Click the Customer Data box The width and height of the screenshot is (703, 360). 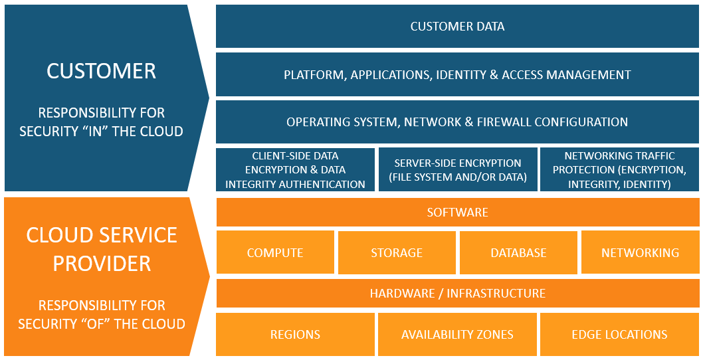[457, 27]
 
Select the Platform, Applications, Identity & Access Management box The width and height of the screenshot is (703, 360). [457, 74]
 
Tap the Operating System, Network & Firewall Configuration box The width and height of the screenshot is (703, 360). [457, 122]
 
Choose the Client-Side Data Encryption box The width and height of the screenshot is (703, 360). [295, 170]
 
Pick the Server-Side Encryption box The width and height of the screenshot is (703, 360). [457, 170]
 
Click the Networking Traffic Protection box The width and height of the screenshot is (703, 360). [619, 170]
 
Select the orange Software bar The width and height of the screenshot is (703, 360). [457, 213]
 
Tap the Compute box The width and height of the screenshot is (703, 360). [275, 252]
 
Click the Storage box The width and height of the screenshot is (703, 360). [397, 252]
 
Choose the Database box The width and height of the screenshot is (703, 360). [518, 252]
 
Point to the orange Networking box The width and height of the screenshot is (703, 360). [640, 252]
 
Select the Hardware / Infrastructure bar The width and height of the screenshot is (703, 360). [457, 293]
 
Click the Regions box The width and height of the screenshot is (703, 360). [295, 335]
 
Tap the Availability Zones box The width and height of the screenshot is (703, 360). [457, 335]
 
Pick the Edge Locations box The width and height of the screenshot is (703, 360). [619, 335]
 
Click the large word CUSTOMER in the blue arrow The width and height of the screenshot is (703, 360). [101, 71]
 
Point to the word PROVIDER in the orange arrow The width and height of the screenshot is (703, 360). [102, 263]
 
